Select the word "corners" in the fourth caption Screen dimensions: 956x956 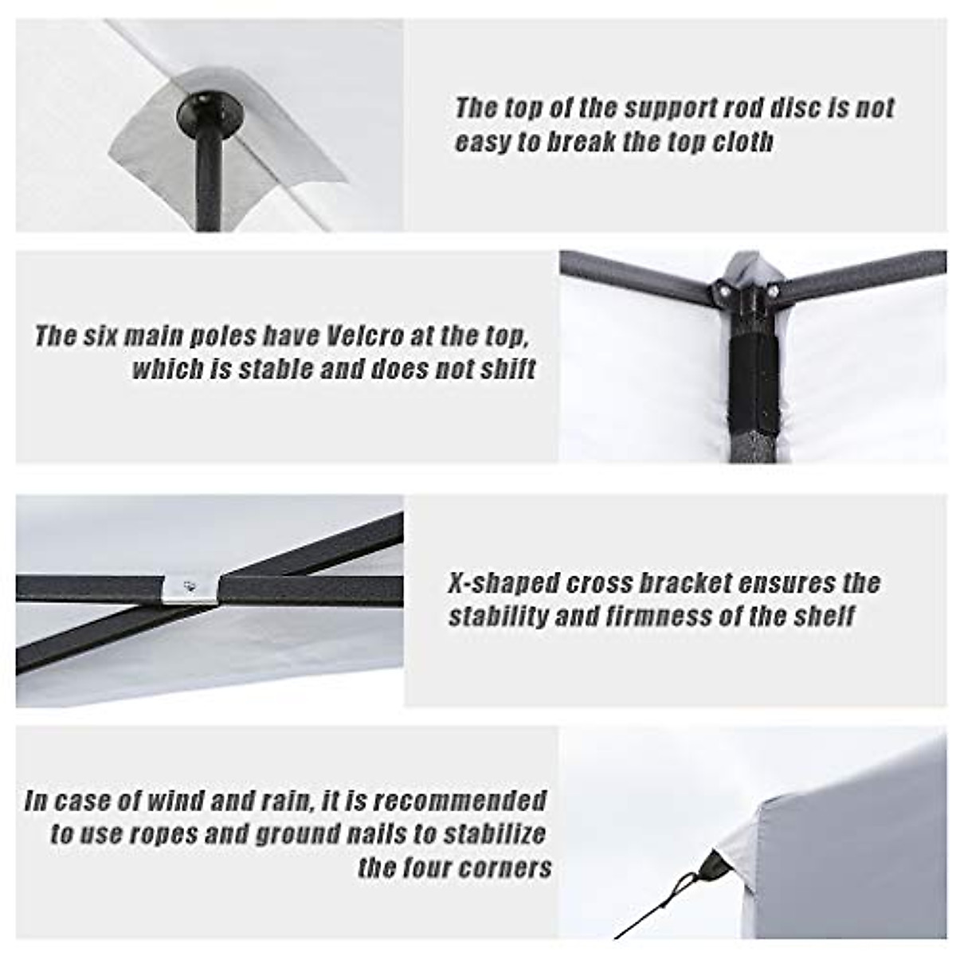click(x=511, y=868)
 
